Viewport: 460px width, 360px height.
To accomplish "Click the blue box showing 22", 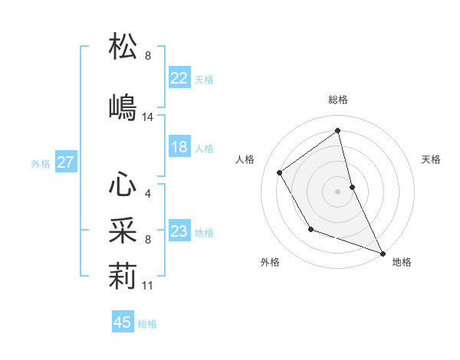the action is pyautogui.click(x=179, y=78).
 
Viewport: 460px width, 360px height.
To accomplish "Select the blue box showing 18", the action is pyautogui.click(x=179, y=147).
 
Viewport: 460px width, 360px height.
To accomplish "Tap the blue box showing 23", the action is pyautogui.click(x=179, y=231).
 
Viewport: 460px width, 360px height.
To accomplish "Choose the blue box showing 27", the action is pyautogui.click(x=65, y=162).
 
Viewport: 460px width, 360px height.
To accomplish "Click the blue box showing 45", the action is pyautogui.click(x=123, y=322).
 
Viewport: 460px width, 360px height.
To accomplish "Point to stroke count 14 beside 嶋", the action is pyautogui.click(x=148, y=117).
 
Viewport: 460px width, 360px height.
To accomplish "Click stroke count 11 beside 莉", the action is pyautogui.click(x=148, y=286).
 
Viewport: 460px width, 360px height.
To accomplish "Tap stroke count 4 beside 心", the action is pyautogui.click(x=148, y=194).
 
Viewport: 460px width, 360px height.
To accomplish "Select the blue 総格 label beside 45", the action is pyautogui.click(x=147, y=324).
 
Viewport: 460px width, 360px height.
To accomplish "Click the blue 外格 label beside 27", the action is pyautogui.click(x=41, y=163).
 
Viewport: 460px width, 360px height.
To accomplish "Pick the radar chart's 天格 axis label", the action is pyautogui.click(x=431, y=159).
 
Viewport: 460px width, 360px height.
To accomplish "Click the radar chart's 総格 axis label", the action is pyautogui.click(x=338, y=100).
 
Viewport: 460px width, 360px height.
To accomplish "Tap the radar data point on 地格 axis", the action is pyautogui.click(x=383, y=253).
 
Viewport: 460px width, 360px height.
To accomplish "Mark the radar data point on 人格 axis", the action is pyautogui.click(x=280, y=172).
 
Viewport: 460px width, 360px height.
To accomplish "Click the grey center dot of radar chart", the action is pyautogui.click(x=337, y=191).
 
